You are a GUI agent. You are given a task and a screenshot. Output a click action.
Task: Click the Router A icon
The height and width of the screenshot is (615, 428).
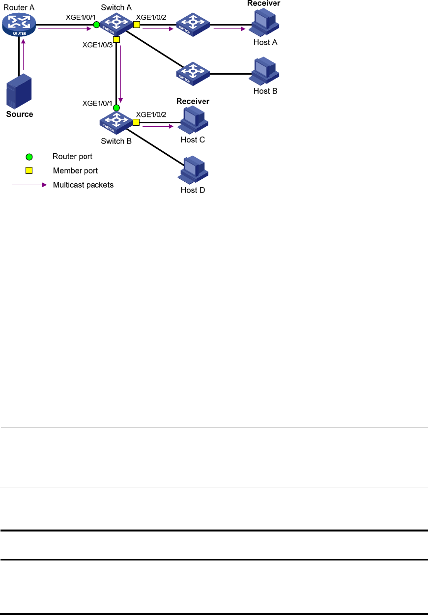[19, 25]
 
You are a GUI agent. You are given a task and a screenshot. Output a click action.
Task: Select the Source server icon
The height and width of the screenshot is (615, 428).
[19, 91]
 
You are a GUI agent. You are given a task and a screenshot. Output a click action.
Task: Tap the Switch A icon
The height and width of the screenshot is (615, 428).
[116, 24]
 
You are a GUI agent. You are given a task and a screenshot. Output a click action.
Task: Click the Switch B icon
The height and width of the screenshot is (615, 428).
[116, 122]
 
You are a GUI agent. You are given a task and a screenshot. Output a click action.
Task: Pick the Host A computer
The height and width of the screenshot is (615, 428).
[264, 22]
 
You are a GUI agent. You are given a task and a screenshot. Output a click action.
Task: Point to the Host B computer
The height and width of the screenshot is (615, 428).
[264, 71]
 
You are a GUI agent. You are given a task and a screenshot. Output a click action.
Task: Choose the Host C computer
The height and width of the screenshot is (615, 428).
[193, 120]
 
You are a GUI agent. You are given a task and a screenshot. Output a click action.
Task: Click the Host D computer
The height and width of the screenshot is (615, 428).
[193, 169]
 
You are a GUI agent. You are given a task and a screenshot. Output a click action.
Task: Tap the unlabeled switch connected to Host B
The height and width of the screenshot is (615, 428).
[193, 74]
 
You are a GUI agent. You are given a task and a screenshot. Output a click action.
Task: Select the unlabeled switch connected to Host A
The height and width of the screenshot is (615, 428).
[193, 25]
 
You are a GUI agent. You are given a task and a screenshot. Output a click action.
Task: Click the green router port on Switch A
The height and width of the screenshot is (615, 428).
[96, 25]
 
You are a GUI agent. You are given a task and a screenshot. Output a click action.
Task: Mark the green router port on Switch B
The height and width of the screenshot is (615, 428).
[116, 108]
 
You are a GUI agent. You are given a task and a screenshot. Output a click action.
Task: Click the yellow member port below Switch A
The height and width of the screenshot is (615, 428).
[116, 39]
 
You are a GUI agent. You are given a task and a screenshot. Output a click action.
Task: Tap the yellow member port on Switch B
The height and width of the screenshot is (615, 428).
[136, 122]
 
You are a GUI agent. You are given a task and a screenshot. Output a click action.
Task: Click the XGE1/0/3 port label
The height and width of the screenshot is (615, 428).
[97, 45]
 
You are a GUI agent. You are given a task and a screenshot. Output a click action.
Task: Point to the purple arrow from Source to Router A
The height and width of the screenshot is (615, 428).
[24, 55]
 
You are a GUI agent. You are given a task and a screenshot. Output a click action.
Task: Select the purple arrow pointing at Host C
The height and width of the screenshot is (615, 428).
[158, 126]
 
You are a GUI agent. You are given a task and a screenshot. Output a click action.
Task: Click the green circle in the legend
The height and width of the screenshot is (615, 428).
[29, 157]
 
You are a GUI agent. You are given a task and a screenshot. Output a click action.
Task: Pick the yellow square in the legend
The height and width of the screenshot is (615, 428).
[29, 170]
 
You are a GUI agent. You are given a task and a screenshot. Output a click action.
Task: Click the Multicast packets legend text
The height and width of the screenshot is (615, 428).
[83, 185]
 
